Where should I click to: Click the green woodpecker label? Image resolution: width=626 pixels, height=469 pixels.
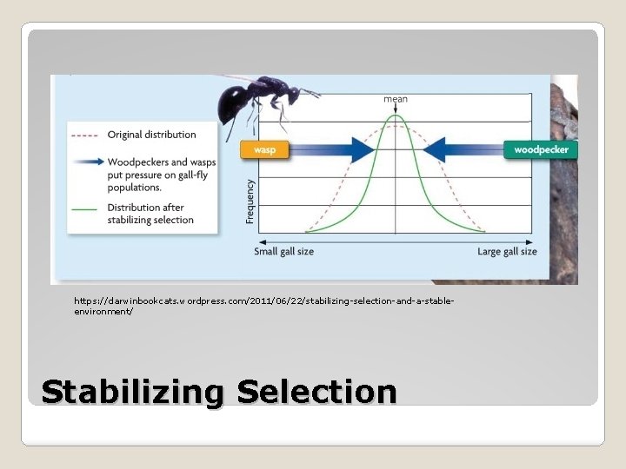[x=541, y=149]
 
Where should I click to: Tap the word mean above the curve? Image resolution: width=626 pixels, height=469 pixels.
[x=396, y=99]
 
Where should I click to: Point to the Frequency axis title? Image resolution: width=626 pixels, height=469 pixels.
[x=250, y=201]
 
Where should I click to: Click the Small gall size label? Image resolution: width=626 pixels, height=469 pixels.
[x=283, y=252]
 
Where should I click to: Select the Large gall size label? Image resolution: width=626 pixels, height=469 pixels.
[x=507, y=252]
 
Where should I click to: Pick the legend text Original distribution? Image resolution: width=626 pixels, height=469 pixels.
[x=151, y=135]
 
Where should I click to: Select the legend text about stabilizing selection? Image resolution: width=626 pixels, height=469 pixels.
[x=150, y=214]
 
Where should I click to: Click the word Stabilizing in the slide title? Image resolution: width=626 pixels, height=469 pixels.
[x=132, y=392]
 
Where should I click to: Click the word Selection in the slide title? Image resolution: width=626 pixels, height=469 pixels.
[x=316, y=392]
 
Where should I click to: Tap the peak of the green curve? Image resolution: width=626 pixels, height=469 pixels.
[x=396, y=127]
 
